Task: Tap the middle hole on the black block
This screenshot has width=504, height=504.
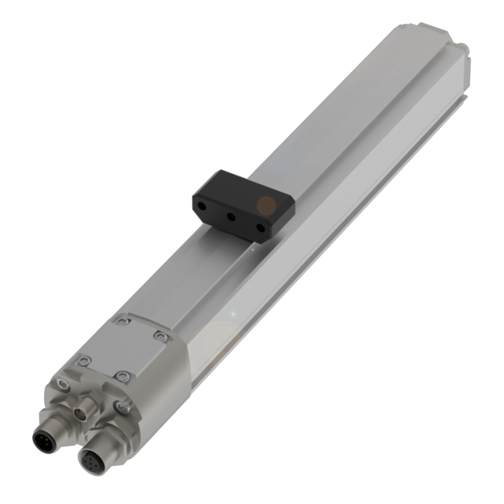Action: click(x=231, y=217)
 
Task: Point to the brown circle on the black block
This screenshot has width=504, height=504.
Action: click(x=266, y=205)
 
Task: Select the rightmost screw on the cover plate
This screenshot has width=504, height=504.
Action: click(x=160, y=336)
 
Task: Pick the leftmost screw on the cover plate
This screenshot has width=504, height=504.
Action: click(x=85, y=359)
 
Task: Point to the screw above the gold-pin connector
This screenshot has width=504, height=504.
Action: click(x=63, y=384)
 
